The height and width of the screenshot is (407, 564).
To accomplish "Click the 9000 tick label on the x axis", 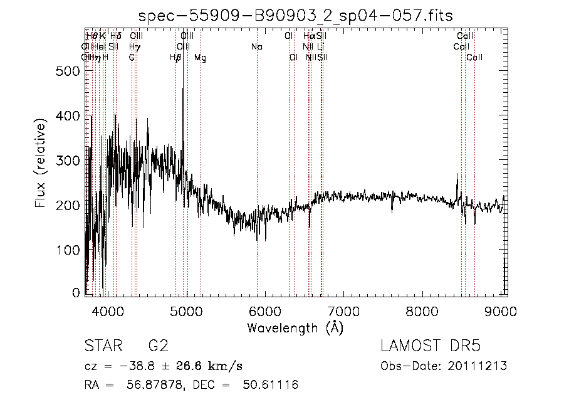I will pyautogui.click(x=501, y=309).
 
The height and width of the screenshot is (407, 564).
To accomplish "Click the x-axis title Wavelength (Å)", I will pyautogui.click(x=295, y=327).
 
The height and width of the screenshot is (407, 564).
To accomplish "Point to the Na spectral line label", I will pyautogui.click(x=257, y=47).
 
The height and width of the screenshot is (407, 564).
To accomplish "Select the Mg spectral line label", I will pyautogui.click(x=200, y=58).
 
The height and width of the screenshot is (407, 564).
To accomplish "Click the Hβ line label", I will pyautogui.click(x=175, y=58).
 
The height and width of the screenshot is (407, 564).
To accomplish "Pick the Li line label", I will pyautogui.click(x=320, y=47).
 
